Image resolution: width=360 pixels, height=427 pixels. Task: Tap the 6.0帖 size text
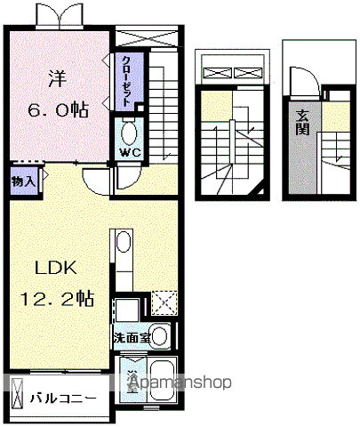[58, 110]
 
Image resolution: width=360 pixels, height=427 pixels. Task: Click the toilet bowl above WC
[128, 134]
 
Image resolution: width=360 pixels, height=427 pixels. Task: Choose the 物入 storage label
[24, 181]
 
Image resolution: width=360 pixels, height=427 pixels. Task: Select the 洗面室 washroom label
[131, 339]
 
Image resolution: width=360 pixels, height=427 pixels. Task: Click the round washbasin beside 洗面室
[160, 337]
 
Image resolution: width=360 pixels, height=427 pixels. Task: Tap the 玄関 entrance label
[304, 119]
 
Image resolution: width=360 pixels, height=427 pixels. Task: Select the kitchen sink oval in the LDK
[121, 243]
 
